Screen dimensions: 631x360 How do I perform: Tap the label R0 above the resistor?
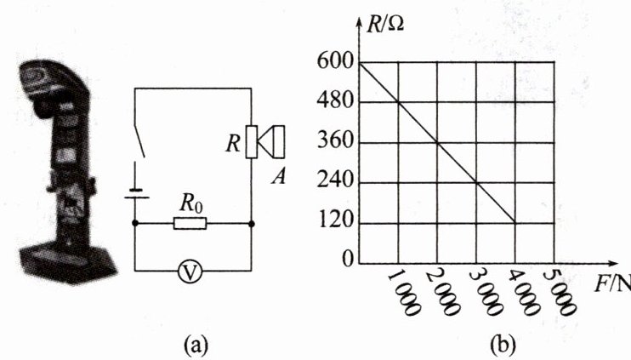191,203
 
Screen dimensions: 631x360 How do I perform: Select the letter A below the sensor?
276,176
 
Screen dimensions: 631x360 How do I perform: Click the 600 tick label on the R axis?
336,63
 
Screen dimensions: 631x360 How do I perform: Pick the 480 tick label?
336,103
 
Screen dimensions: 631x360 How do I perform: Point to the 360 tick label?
336,142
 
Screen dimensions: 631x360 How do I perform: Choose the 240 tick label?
336,182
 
